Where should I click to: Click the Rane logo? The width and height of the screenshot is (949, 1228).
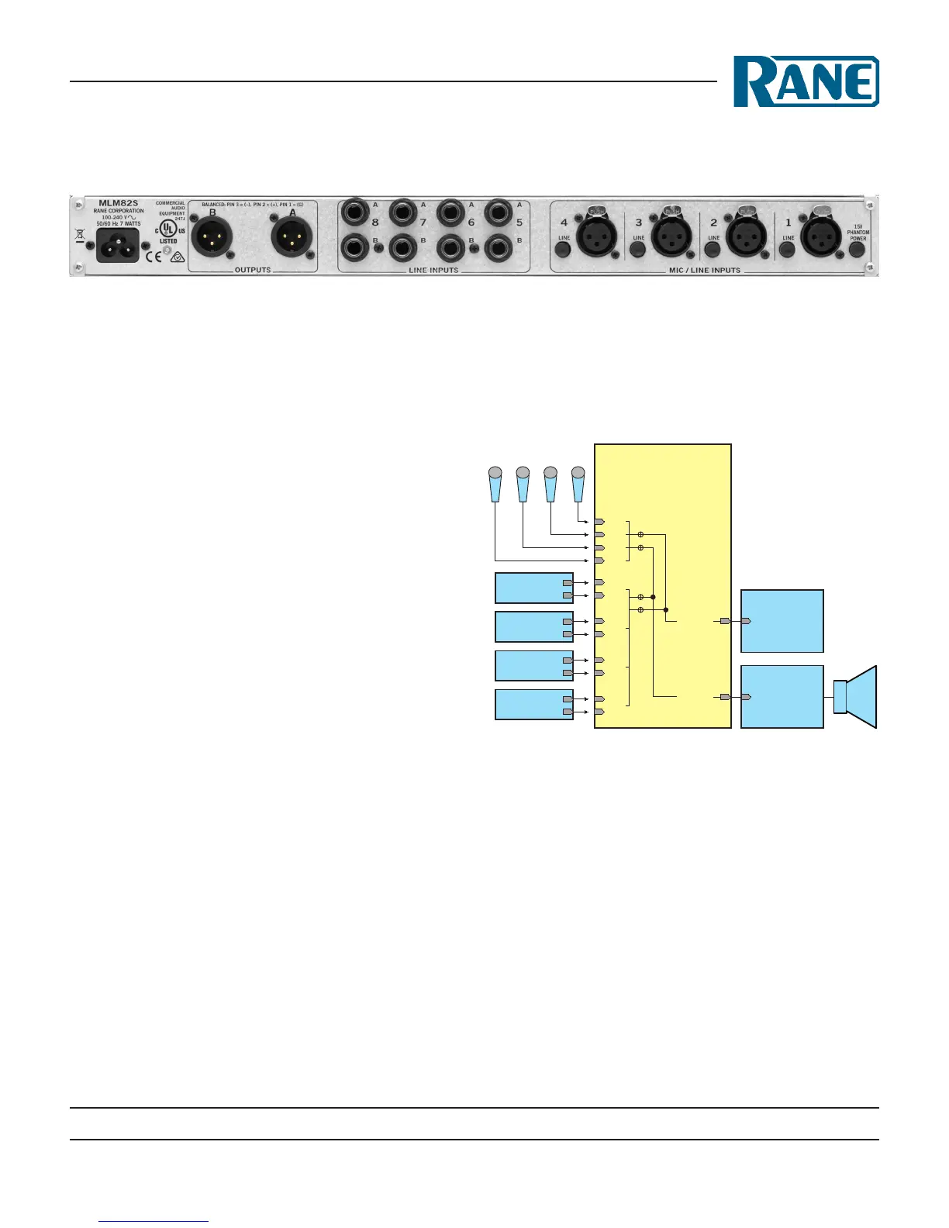[x=806, y=81]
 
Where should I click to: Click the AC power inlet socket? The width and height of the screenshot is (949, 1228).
[x=117, y=245]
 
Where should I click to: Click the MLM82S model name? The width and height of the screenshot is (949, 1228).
[x=119, y=203]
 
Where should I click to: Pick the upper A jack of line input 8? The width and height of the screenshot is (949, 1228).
[x=357, y=212]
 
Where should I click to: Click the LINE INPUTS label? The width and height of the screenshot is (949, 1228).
[x=433, y=271]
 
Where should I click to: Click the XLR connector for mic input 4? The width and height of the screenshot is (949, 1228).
[x=596, y=236]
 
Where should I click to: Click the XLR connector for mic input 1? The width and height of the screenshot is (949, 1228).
[x=821, y=236]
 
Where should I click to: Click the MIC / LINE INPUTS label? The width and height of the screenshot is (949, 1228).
[x=704, y=271]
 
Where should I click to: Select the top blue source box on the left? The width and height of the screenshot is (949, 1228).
[x=533, y=588]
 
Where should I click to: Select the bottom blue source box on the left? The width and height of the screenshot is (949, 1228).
[x=533, y=705]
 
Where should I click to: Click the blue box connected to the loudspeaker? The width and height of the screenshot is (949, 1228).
[x=782, y=696]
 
